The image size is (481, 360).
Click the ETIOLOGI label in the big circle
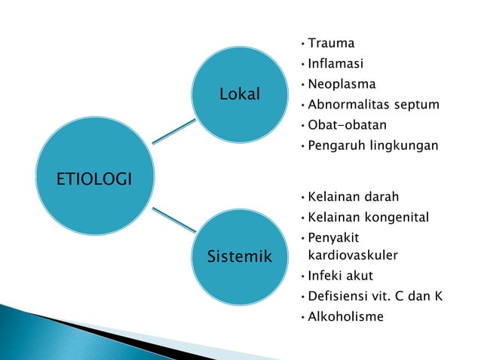pyautogui.click(x=93, y=178)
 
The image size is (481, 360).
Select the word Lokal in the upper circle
pyautogui.click(x=239, y=94)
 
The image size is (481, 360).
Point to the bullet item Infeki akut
pyautogui.click(x=340, y=276)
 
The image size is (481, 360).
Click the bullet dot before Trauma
pyautogui.click(x=302, y=44)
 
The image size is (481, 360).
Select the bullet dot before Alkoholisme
pyautogui.click(x=302, y=317)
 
